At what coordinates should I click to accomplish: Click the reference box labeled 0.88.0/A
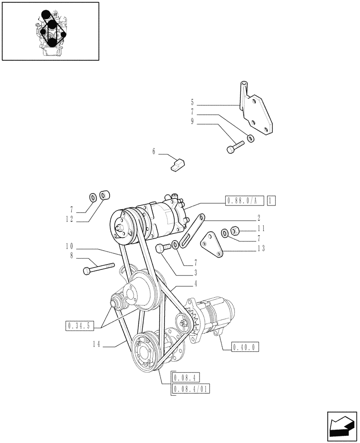pos(244,200)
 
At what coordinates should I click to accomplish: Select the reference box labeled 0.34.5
pos(79,326)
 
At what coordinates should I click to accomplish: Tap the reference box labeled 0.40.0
pos(245,347)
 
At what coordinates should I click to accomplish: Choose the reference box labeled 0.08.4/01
pos(190,389)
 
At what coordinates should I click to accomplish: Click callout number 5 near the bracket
pos(192,105)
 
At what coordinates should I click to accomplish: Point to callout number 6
pos(154,152)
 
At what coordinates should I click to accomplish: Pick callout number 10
pos(70,245)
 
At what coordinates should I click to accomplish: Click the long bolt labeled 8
pos(98,268)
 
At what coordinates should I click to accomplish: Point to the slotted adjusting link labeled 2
pos(194,228)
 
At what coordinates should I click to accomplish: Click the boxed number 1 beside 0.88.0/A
pos(271,200)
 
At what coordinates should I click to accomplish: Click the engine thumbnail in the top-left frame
pos(51,31)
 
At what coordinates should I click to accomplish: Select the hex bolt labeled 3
pos(163,249)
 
